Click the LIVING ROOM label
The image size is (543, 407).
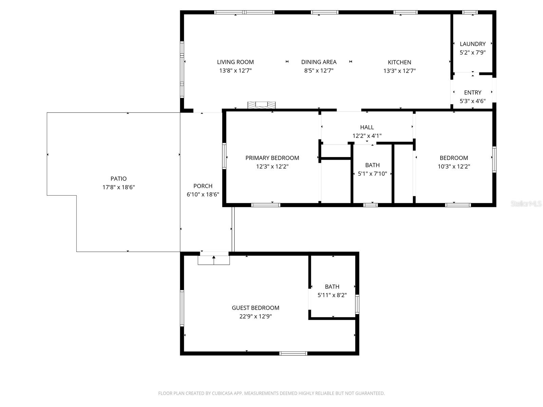(235, 62)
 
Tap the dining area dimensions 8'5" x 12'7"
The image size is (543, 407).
(318, 71)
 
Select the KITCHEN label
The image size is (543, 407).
(399, 62)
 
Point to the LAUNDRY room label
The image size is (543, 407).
(472, 44)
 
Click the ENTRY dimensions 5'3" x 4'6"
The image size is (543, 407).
(472, 101)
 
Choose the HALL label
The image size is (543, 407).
(367, 128)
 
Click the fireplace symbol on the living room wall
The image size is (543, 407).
(261, 105)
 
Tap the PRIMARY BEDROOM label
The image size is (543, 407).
(272, 158)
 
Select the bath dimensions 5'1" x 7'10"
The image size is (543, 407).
(372, 174)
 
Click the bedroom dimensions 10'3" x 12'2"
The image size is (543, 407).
(454, 167)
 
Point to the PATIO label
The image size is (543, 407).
(118, 179)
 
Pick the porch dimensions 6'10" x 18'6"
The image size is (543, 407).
(203, 195)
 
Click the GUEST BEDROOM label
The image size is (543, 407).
(255, 308)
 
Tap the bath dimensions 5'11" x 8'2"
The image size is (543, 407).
(332, 295)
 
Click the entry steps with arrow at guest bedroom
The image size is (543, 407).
(214, 260)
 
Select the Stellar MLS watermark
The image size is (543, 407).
(526, 204)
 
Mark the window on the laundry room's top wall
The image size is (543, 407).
(470, 13)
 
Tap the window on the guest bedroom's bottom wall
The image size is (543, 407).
(293, 353)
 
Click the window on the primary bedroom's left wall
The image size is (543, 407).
(224, 156)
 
